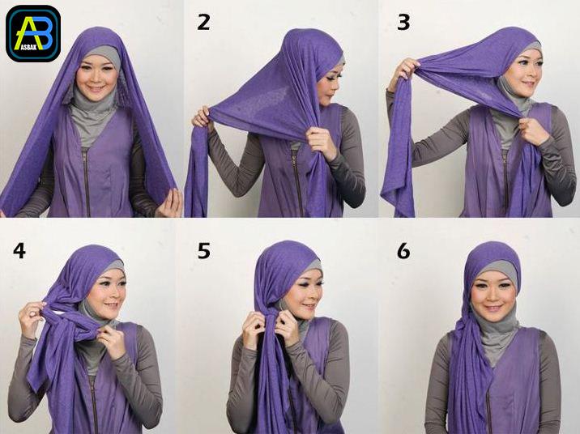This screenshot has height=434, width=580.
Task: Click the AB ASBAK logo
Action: pyautogui.click(x=33, y=33)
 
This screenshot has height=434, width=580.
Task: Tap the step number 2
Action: pyautogui.click(x=204, y=22)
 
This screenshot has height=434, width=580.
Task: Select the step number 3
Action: pyautogui.click(x=403, y=22)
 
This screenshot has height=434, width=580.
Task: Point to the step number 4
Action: pyautogui.click(x=19, y=250)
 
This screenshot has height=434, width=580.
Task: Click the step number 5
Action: pyautogui.click(x=204, y=250)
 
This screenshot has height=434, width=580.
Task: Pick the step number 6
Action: pyautogui.click(x=403, y=250)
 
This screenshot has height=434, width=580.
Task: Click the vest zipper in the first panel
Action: pyautogui.click(x=87, y=182)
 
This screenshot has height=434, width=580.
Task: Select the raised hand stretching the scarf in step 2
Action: pyautogui.click(x=202, y=117)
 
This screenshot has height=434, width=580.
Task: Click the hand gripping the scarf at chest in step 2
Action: pyautogui.click(x=320, y=143)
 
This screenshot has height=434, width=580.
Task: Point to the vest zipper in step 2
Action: pyautogui.click(x=298, y=181)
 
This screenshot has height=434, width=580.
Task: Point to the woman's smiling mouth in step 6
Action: pyautogui.click(x=493, y=308)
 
